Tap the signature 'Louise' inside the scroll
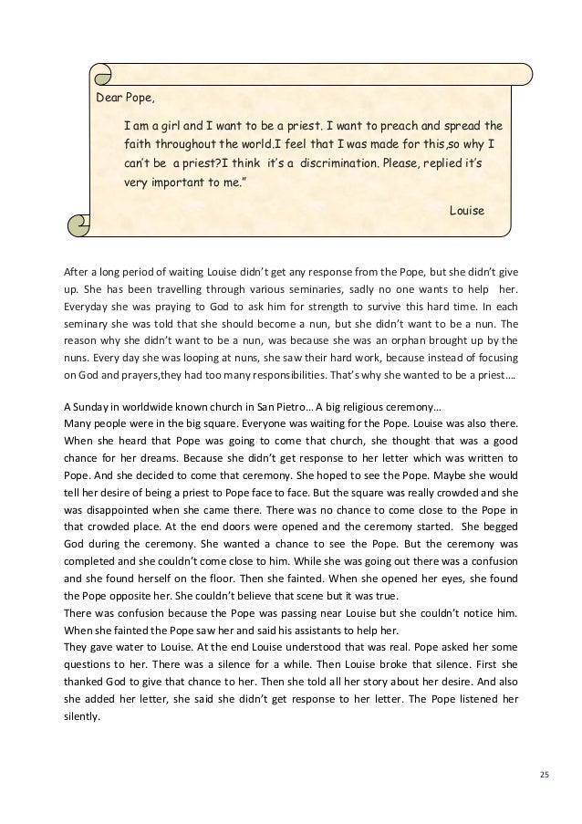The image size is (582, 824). pos(467,210)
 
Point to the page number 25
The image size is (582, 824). pos(545,775)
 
